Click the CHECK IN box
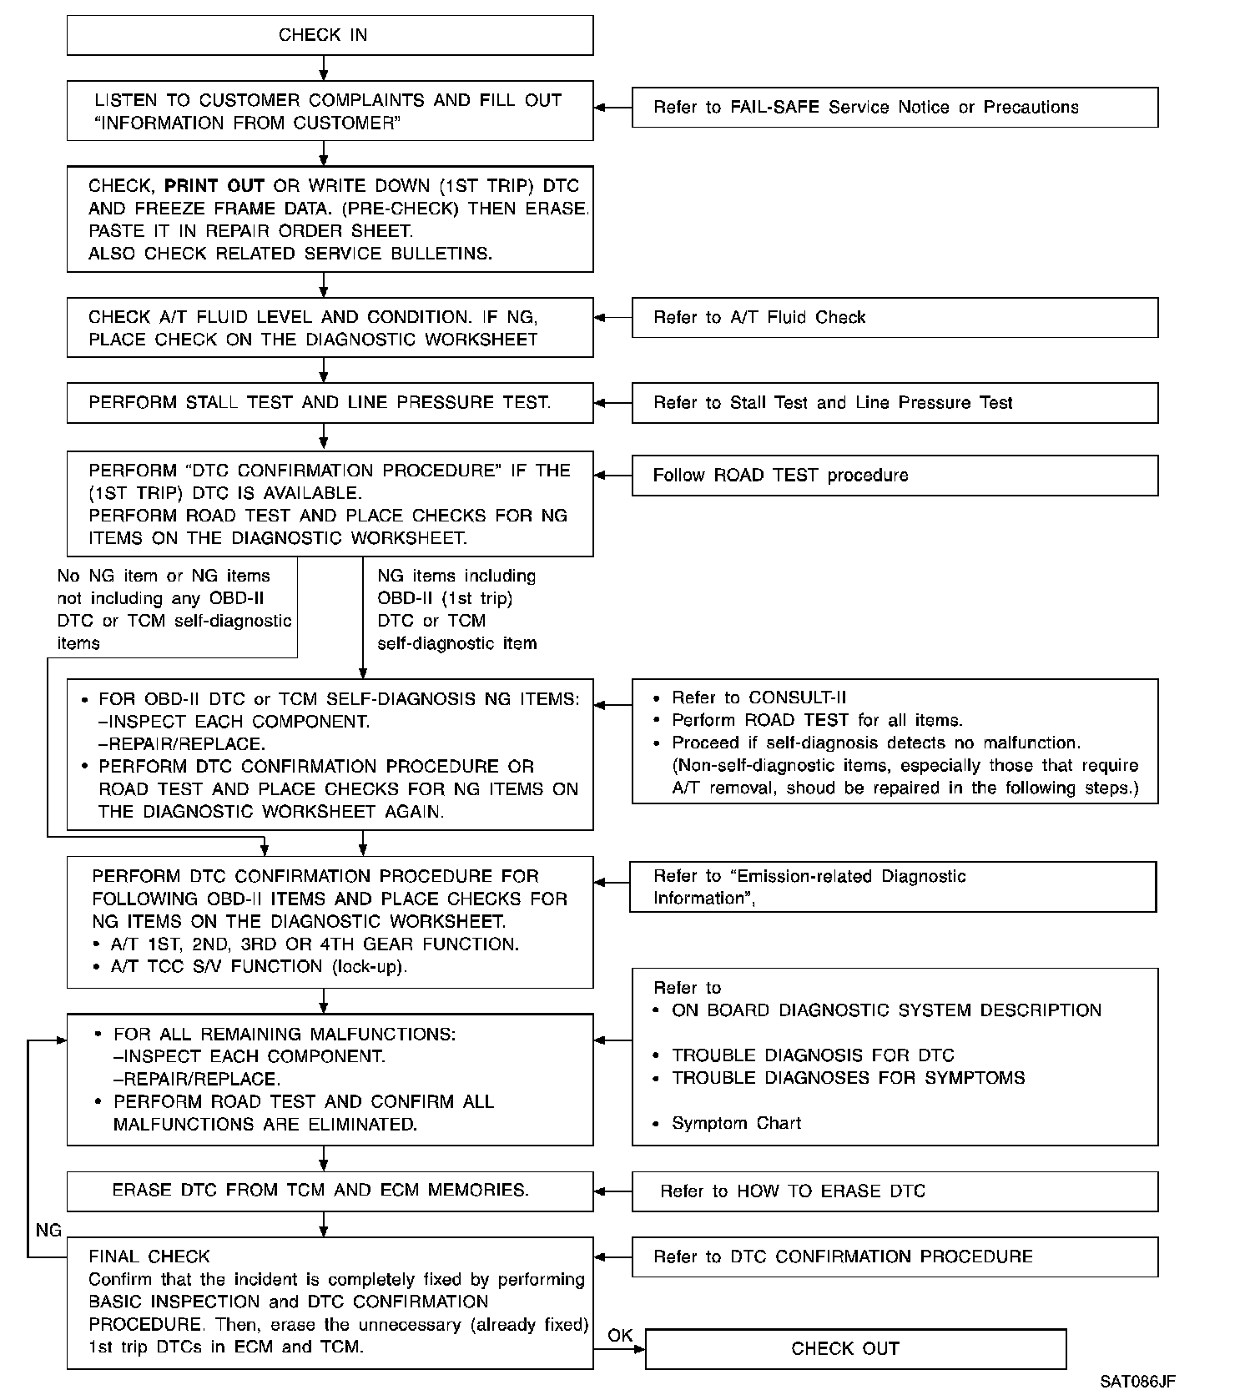(x=330, y=35)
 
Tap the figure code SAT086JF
(x=1137, y=1382)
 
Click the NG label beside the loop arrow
(x=48, y=1231)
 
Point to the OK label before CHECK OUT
(x=620, y=1336)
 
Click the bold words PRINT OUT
(x=214, y=186)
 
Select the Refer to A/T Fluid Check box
(x=895, y=318)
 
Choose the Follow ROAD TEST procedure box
(x=895, y=476)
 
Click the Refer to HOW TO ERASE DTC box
(x=895, y=1191)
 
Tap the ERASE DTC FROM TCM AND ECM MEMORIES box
(x=330, y=1191)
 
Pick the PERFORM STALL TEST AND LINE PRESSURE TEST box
(x=330, y=403)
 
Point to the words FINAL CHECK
(x=149, y=1256)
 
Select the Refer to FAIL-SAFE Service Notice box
(x=895, y=108)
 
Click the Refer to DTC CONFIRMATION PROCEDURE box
(x=895, y=1257)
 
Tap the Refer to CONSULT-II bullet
(x=747, y=698)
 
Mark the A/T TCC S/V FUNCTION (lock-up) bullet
(x=259, y=967)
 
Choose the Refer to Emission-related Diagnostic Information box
(x=892, y=887)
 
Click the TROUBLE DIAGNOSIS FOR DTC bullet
(x=813, y=1055)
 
